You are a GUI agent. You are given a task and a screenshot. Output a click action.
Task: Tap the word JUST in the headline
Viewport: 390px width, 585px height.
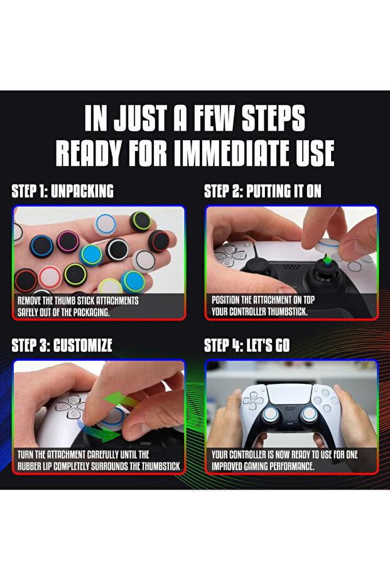click(x=140, y=118)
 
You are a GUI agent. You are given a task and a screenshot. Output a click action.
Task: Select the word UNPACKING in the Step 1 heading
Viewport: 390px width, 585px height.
click(x=82, y=191)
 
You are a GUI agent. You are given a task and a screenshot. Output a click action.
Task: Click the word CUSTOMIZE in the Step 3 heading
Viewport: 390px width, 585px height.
click(x=83, y=346)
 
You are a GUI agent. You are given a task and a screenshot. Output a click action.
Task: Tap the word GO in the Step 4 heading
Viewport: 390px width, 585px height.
click(x=282, y=346)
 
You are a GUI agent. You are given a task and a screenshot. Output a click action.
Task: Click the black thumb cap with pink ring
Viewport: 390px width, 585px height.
click(x=68, y=242)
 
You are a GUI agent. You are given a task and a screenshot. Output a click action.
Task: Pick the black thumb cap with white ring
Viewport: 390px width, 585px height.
click(x=117, y=249)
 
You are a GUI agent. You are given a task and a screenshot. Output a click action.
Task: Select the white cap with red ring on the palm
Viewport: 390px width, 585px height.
click(x=50, y=277)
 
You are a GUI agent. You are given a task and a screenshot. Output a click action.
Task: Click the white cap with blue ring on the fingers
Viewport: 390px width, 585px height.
click(x=106, y=224)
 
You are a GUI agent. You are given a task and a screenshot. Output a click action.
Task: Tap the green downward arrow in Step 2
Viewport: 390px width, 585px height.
click(x=327, y=260)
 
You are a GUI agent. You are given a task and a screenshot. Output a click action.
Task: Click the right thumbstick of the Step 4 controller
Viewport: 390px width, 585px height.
click(x=309, y=413)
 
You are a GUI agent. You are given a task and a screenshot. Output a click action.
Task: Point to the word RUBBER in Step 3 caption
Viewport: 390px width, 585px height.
click(x=30, y=466)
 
